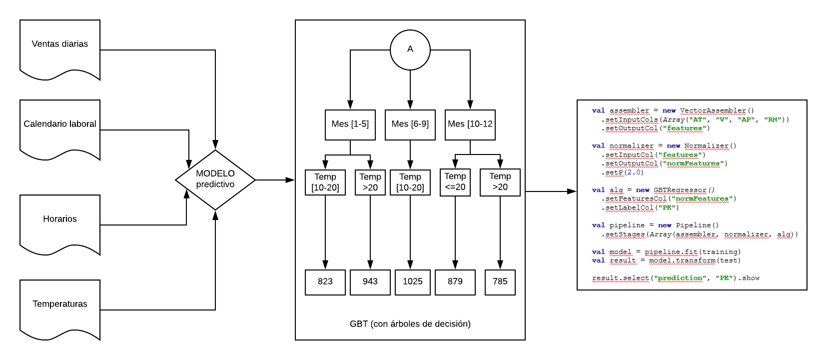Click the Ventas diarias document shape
(60, 47)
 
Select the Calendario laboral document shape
(60, 127)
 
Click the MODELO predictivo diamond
(215, 179)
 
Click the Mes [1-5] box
(350, 124)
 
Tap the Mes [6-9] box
(410, 124)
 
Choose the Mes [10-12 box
(470, 124)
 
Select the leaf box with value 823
(325, 282)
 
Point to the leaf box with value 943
(370, 282)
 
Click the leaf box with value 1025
(413, 282)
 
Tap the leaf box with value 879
(455, 282)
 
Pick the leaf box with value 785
(500, 282)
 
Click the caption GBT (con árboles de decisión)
(410, 324)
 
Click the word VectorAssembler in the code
(713, 111)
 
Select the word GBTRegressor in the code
(680, 190)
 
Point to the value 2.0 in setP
(635, 172)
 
